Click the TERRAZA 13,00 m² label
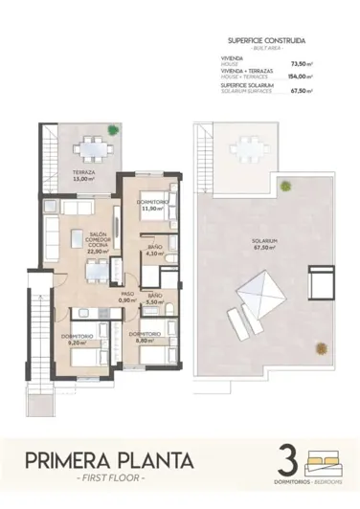point(83,176)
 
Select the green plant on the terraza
point(114,130)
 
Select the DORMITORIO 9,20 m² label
point(77,340)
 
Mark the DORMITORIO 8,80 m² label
point(143,338)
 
